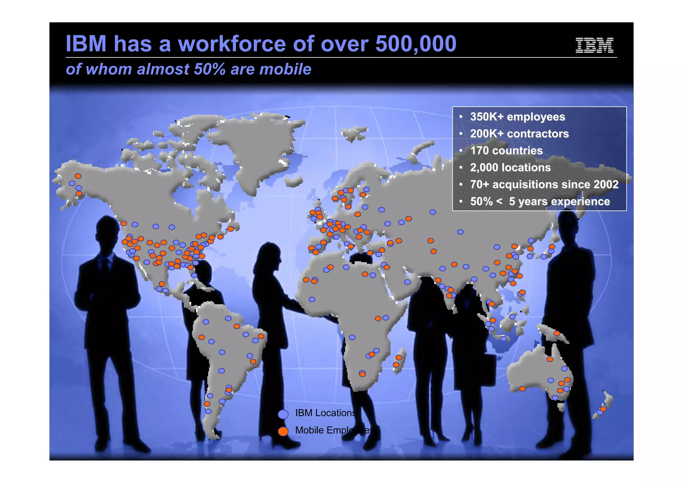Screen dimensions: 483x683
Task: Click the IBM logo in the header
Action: (594, 45)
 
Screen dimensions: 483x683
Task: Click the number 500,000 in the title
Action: (416, 44)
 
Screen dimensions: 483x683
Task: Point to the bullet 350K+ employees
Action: (517, 117)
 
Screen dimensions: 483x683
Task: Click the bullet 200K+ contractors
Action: (519, 134)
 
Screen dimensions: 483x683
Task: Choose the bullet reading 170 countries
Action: (506, 151)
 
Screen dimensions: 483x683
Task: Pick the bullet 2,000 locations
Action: (510, 167)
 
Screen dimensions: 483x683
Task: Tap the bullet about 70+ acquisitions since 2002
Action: (544, 184)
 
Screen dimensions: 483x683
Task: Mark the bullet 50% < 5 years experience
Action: (540, 201)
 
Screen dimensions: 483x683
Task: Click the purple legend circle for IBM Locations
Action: (283, 414)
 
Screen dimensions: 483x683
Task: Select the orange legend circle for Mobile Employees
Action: (283, 431)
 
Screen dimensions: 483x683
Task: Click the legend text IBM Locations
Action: (325, 413)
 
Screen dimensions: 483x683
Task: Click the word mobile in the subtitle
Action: (285, 69)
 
